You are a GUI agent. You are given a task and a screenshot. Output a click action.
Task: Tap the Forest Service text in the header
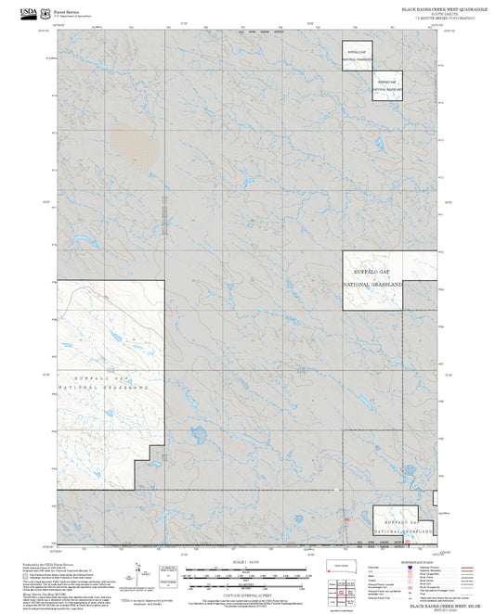(66, 6)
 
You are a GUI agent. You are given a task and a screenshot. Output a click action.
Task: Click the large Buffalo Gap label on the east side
(372, 267)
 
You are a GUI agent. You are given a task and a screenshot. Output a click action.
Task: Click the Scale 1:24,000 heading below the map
(247, 562)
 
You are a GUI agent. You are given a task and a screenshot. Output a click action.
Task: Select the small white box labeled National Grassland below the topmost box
(388, 85)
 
